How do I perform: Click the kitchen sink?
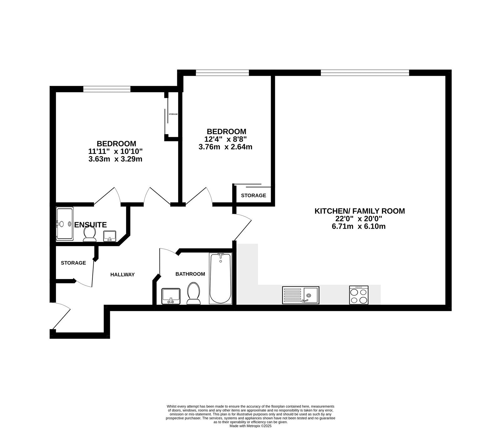[301, 295]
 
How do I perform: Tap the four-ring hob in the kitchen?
[359, 295]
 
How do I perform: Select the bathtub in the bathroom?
[220, 278]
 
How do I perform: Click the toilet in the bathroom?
[194, 293]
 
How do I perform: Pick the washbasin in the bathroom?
[171, 296]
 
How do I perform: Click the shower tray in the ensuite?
[65, 224]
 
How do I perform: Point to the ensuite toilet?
[90, 234]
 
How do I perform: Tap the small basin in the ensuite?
[110, 236]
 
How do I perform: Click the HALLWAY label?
[122, 275]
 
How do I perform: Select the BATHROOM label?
[190, 274]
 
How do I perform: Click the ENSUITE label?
[90, 225]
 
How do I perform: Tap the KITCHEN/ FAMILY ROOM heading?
[359, 211]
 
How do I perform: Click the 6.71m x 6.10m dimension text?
[359, 226]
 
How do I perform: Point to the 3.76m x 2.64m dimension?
[225, 147]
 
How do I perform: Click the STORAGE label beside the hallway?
[73, 263]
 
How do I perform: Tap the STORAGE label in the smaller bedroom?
[254, 196]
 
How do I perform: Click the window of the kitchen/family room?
[365, 73]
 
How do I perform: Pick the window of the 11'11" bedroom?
[107, 89]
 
